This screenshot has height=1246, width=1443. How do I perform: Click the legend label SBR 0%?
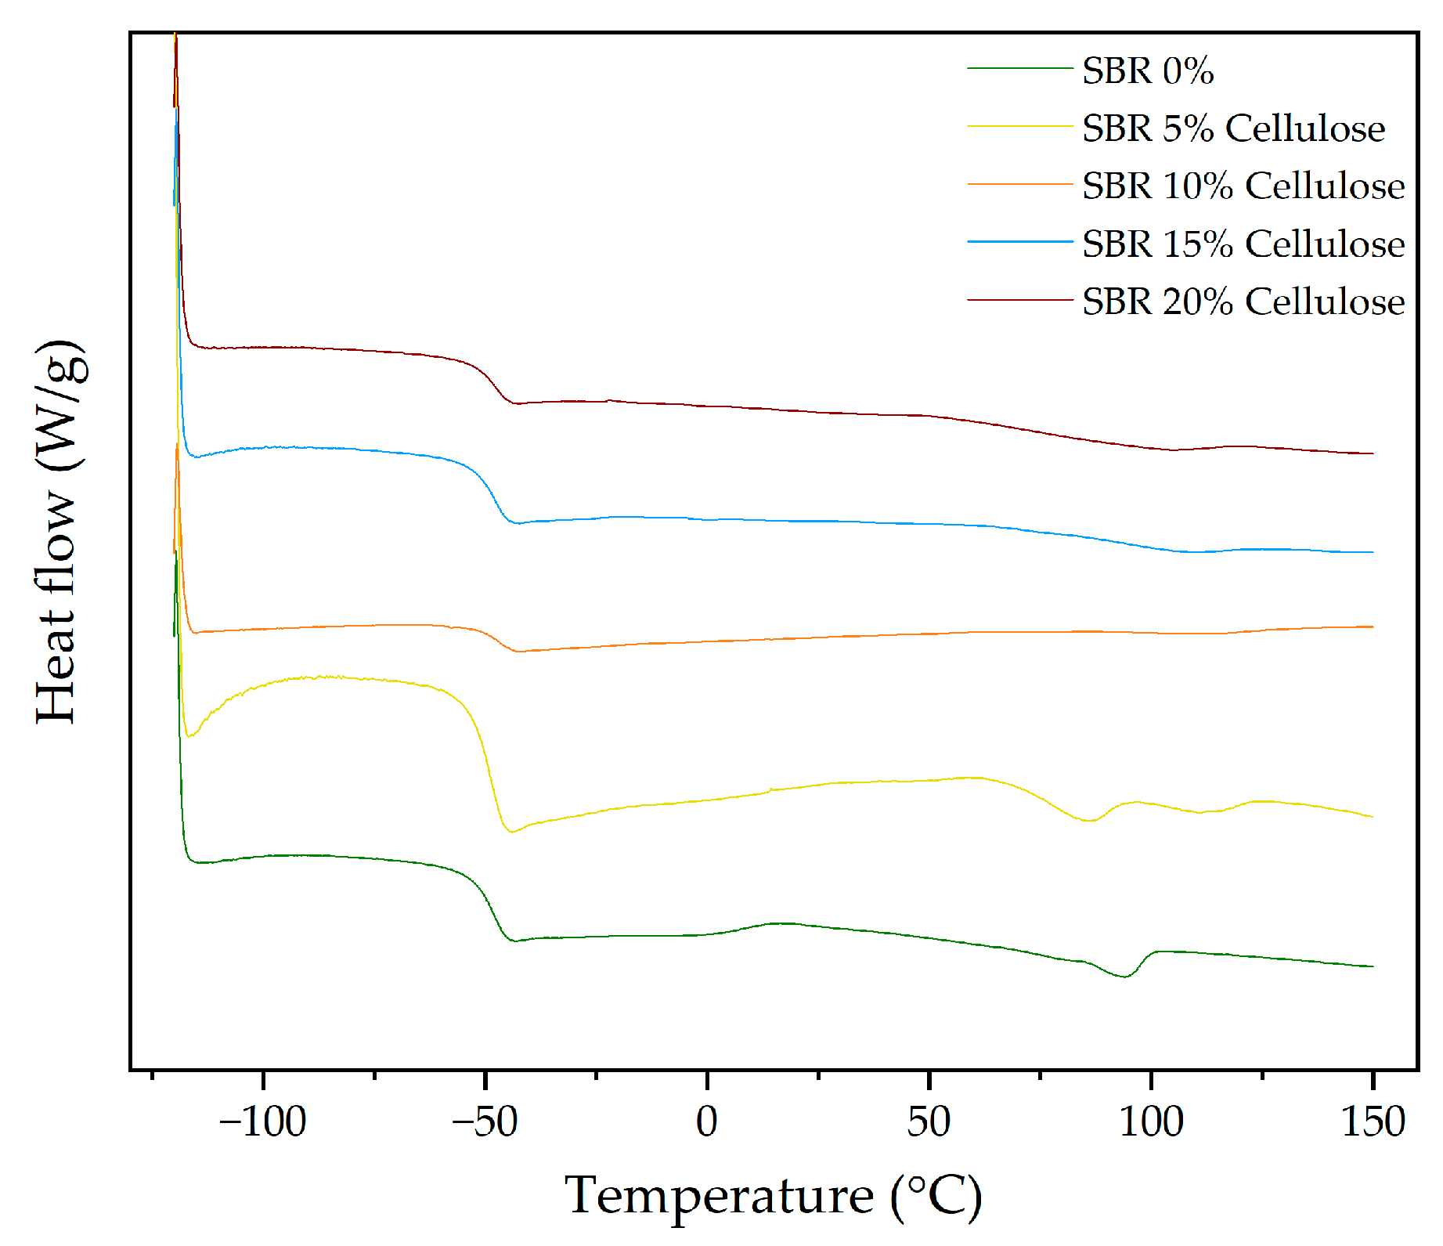click(1147, 70)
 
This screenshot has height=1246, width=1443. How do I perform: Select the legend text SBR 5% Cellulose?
click(1233, 128)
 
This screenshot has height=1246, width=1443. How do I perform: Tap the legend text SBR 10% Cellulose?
click(1243, 186)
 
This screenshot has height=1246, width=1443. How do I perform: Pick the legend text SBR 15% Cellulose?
click(1243, 244)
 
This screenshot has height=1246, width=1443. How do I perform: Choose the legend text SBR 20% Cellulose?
click(1243, 302)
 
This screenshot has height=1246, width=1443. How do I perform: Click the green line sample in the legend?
click(1019, 69)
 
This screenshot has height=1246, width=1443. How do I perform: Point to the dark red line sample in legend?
click(1019, 300)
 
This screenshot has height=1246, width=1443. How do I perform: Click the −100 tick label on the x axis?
click(262, 1121)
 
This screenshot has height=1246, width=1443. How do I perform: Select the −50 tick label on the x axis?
click(485, 1121)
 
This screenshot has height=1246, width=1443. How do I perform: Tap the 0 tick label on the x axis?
click(706, 1121)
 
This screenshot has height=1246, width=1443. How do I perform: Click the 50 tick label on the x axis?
click(929, 1121)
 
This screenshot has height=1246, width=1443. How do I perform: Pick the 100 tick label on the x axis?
click(1150, 1121)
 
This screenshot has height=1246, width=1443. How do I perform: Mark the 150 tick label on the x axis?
click(1373, 1121)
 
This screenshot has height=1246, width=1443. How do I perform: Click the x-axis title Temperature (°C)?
click(773, 1196)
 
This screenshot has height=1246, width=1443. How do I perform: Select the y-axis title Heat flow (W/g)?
click(58, 533)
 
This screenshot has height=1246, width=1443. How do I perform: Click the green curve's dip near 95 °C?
click(1124, 977)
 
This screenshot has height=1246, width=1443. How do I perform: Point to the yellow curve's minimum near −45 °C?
click(511, 832)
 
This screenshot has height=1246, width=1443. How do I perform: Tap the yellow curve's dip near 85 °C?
click(1088, 821)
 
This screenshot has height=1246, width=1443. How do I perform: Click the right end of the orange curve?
click(1373, 627)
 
